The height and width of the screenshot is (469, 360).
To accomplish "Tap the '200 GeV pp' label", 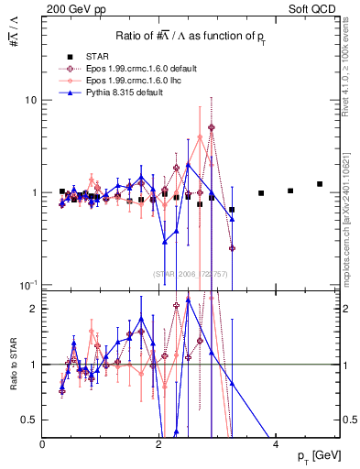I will coord(70,7).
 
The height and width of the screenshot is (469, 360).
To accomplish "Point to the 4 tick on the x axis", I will coord(277,444).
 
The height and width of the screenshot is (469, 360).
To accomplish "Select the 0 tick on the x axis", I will coord(43,444).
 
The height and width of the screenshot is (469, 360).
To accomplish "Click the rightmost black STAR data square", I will coord(320,184).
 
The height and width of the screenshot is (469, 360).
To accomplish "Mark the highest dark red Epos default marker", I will coord(212,128).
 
